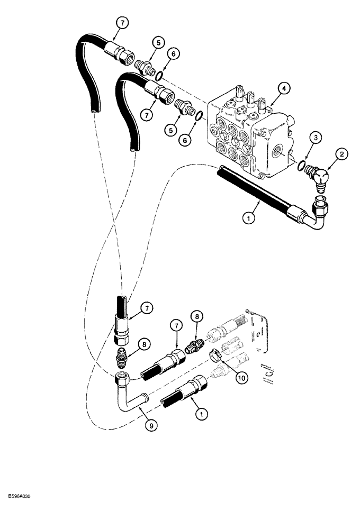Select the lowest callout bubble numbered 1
[200, 415]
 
